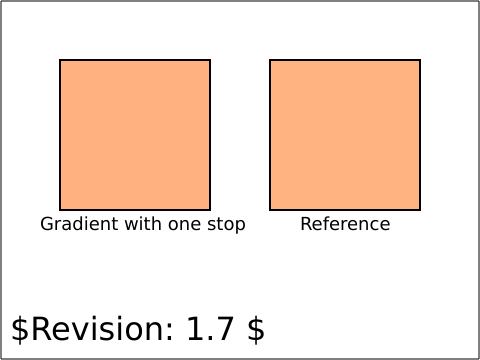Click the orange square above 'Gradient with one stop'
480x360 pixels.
pos(135,135)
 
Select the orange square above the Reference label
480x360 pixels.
pos(345,135)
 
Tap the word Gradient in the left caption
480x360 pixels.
pos(79,224)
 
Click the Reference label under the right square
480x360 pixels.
pos(345,224)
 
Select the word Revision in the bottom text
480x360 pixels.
pos(98,328)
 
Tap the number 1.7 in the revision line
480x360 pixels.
pos(210,329)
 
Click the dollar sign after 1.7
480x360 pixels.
pos(256,330)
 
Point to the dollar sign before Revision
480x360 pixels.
pos(20,330)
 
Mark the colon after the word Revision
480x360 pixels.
pos(170,332)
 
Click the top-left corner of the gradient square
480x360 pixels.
pos(60,60)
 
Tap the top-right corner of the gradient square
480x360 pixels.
pos(210,60)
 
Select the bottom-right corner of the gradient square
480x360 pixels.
pos(210,210)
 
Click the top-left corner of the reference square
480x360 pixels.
pos(270,60)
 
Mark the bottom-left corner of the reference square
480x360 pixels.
pos(270,210)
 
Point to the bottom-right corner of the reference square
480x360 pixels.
pos(420,210)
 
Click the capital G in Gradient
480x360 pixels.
pos(47,224)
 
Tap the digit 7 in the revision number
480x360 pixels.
pos(224,329)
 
